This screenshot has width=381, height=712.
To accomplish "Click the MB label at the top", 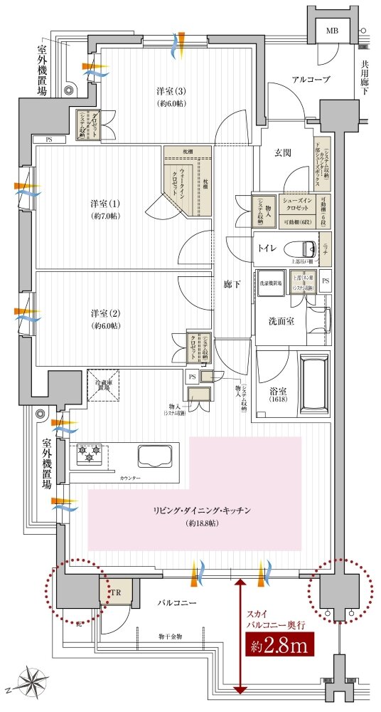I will (332, 31).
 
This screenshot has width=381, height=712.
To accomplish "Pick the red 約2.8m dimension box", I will (279, 647).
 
